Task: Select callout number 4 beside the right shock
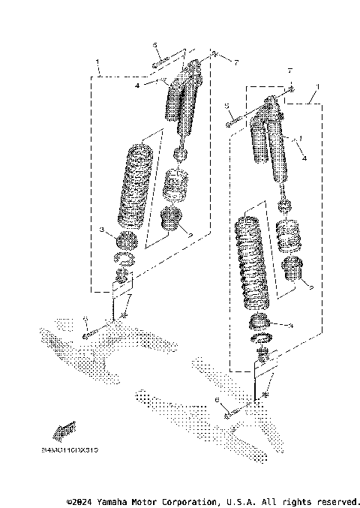(x=304, y=158)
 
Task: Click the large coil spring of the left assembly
(x=135, y=184)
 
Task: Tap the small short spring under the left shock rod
(x=177, y=185)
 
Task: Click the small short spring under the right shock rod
(x=288, y=236)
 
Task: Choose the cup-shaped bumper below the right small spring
(x=292, y=271)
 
